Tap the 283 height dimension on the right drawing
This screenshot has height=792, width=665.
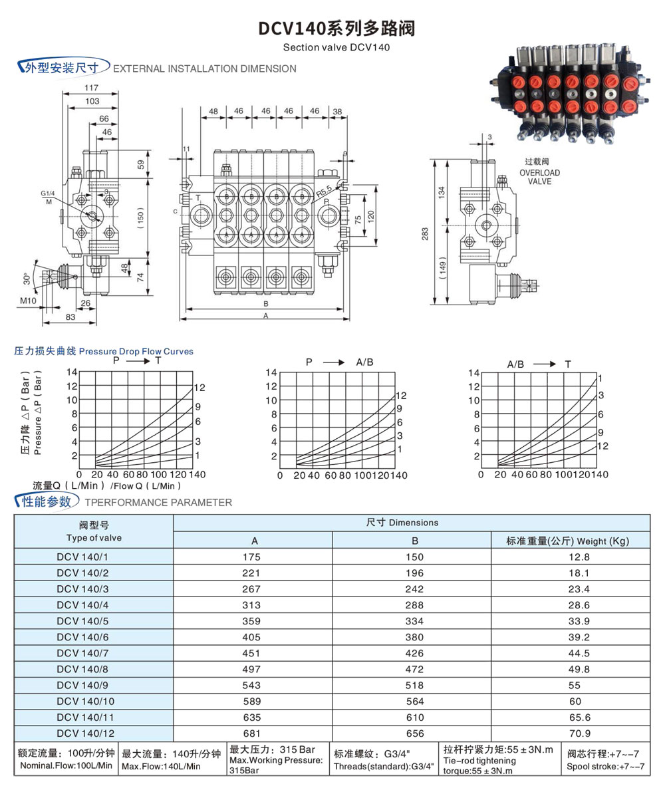point(425,233)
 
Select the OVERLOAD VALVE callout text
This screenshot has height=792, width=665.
point(539,176)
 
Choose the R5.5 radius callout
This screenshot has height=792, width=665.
point(324,193)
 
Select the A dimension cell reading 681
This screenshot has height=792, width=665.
point(252,733)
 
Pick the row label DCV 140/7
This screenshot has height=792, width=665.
point(85,652)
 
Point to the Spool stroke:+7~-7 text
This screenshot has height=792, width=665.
point(605,767)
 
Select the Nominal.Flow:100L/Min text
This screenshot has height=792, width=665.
point(65,766)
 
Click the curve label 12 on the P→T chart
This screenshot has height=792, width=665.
point(199,388)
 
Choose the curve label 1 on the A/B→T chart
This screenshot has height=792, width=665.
point(599,378)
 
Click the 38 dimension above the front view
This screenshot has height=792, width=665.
point(337,111)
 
